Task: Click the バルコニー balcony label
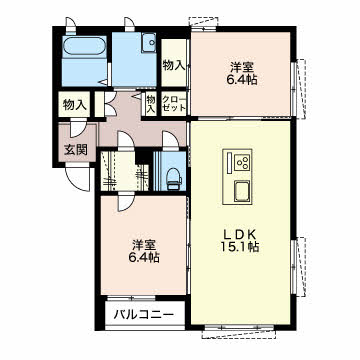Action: [144, 314]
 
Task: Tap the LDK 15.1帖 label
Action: [240, 241]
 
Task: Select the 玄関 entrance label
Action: [76, 150]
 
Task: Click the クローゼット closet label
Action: [173, 103]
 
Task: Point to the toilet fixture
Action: [174, 179]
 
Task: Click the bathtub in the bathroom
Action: [85, 46]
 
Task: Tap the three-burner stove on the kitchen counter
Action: [242, 163]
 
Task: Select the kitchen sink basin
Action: [242, 191]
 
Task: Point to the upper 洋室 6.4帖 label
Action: [244, 74]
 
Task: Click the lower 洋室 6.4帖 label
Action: [145, 251]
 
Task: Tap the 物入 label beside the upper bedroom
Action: [174, 65]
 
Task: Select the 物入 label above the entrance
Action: [75, 105]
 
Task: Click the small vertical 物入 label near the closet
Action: [151, 103]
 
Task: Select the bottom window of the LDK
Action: [239, 330]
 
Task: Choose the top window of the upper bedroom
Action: [204, 23]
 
